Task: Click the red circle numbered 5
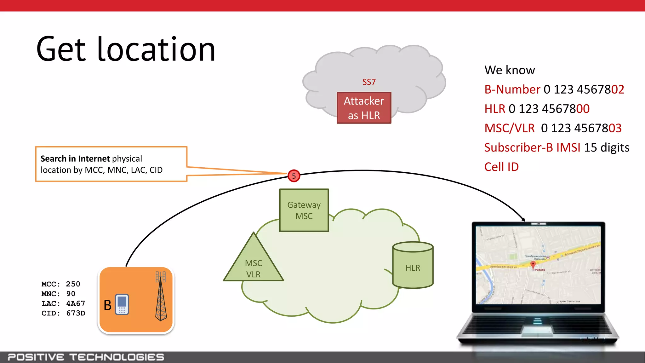(x=294, y=176)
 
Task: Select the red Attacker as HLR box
(x=364, y=108)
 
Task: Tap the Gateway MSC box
(x=304, y=210)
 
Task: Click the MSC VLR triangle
(x=254, y=265)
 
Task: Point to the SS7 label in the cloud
(x=369, y=82)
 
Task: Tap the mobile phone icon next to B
(x=122, y=304)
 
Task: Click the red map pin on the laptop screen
(x=533, y=264)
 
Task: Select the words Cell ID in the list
(x=501, y=167)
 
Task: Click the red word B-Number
(x=512, y=89)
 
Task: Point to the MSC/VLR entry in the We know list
(x=510, y=128)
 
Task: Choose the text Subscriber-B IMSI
(x=532, y=147)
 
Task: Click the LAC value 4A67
(x=76, y=303)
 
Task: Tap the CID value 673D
(x=76, y=313)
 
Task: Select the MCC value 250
(x=73, y=284)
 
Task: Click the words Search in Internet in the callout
(x=75, y=158)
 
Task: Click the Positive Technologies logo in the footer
(x=86, y=357)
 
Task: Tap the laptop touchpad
(x=537, y=331)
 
